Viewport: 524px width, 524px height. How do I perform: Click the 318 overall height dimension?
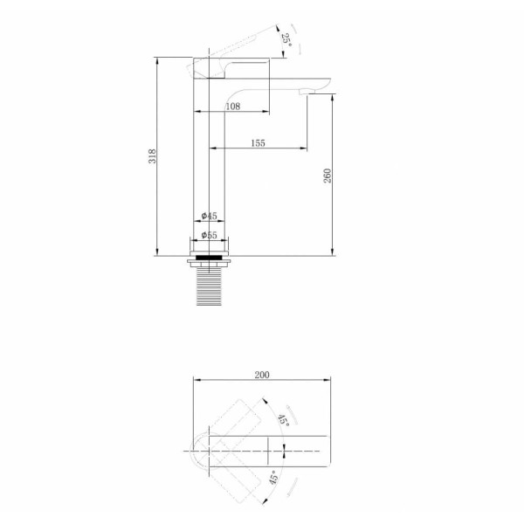[x=152, y=156]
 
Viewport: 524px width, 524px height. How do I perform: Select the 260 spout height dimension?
[x=327, y=176]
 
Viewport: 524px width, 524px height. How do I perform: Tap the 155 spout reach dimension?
[x=258, y=143]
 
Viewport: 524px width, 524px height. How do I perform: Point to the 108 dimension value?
[x=233, y=107]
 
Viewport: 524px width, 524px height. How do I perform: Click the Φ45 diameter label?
[x=210, y=216]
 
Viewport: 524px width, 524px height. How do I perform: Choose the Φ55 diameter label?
[x=210, y=235]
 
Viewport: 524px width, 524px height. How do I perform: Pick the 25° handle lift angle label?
[x=286, y=40]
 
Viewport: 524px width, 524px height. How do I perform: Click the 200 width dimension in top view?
[x=262, y=375]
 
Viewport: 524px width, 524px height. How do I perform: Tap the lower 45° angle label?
[x=273, y=477]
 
